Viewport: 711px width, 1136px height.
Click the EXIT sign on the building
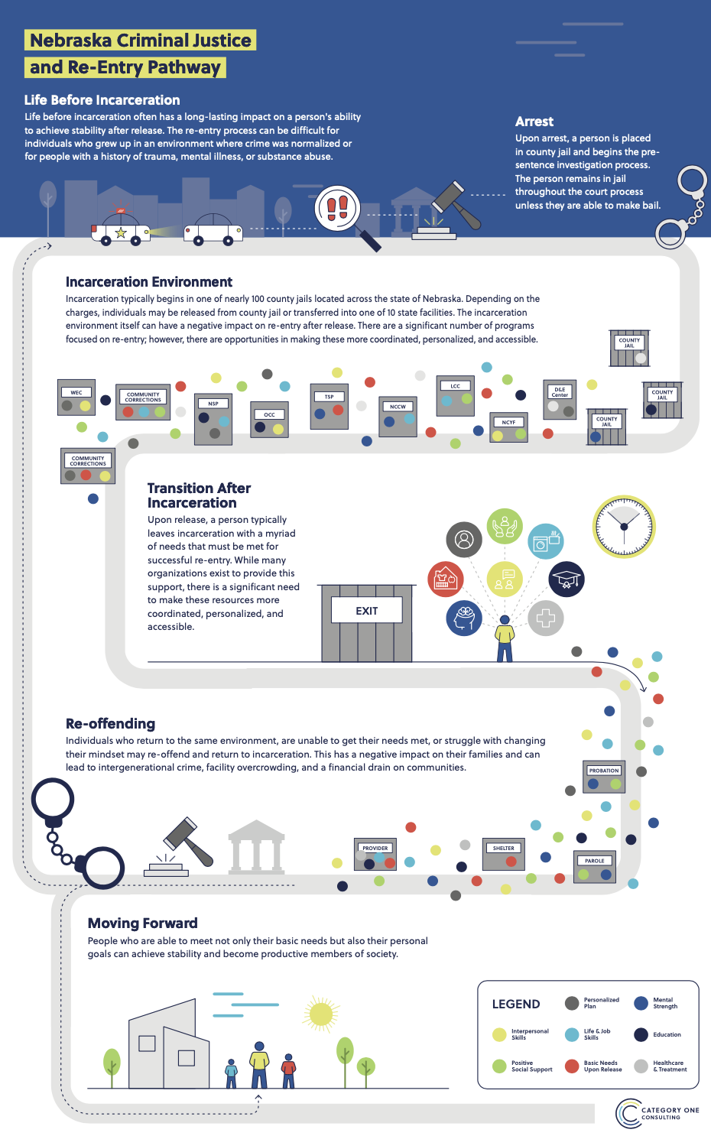(x=366, y=611)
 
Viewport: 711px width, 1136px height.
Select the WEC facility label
(x=76, y=392)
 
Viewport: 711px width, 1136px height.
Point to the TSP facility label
(x=329, y=396)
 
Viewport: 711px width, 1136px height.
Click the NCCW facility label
(x=398, y=407)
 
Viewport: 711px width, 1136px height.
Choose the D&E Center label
(x=560, y=392)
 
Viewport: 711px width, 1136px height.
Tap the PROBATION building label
(x=604, y=771)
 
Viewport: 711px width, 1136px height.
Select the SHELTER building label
(x=503, y=848)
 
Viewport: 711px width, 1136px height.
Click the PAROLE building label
(x=595, y=861)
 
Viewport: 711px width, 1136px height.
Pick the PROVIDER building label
(x=375, y=848)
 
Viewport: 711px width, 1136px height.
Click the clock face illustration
(x=624, y=527)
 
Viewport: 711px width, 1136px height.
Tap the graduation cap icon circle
(x=567, y=579)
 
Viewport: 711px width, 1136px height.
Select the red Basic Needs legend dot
(x=571, y=1066)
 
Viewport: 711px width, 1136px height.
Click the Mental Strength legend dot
(x=641, y=1003)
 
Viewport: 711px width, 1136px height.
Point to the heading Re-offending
(x=110, y=724)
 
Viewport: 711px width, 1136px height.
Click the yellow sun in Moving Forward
(x=321, y=1014)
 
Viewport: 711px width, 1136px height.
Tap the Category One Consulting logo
(x=657, y=1113)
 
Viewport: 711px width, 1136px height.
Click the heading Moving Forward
(x=142, y=923)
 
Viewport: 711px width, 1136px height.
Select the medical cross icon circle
(x=545, y=618)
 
